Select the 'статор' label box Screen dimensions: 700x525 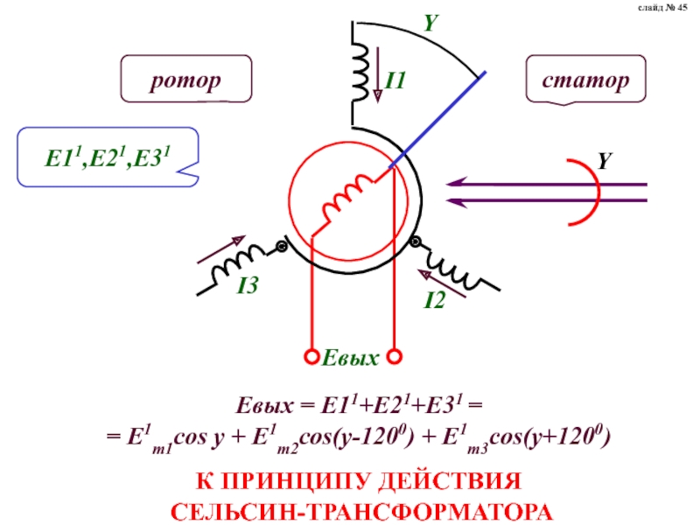tap(585, 82)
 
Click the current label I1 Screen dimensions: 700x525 tap(395, 81)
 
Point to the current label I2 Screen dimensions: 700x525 tap(435, 302)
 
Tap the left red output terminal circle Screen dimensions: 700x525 tap(311, 356)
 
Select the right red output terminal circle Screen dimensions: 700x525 tap(395, 356)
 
